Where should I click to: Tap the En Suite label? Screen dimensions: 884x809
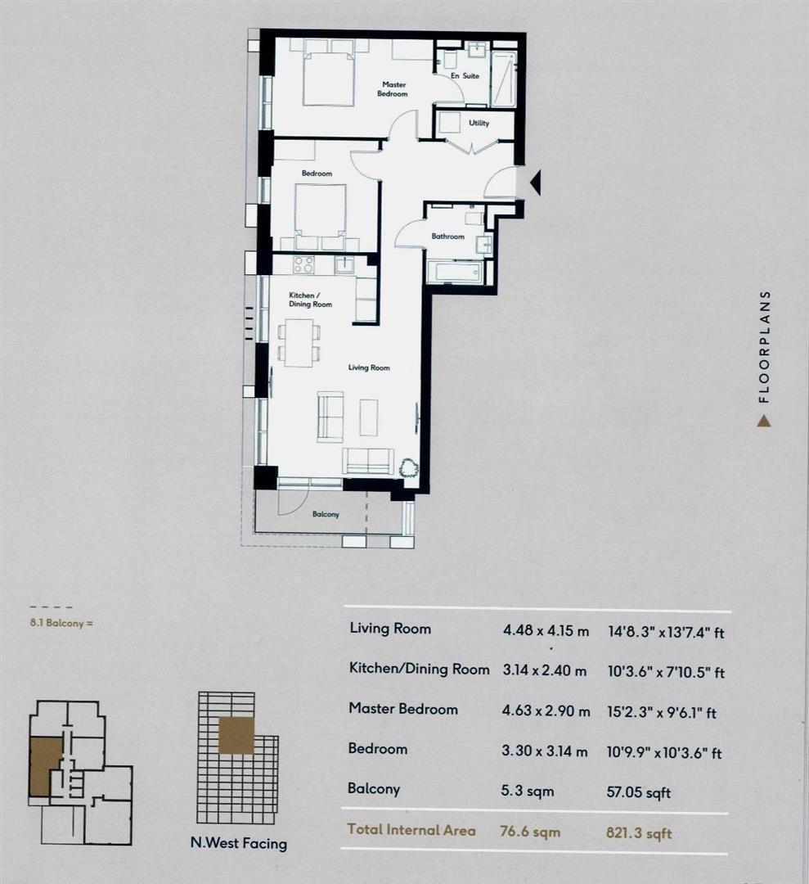(x=465, y=76)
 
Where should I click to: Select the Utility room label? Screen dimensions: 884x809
(x=479, y=124)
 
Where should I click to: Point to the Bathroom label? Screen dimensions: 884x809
(x=447, y=237)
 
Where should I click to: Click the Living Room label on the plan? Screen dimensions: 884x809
(x=369, y=368)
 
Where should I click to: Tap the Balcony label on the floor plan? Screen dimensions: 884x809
(x=326, y=514)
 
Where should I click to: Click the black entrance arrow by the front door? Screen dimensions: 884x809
(x=536, y=183)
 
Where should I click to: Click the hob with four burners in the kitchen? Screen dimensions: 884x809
(x=303, y=264)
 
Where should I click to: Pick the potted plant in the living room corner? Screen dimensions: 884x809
(x=407, y=468)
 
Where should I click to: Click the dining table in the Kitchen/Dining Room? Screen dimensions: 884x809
(x=298, y=342)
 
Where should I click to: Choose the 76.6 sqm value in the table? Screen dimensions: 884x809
(x=530, y=831)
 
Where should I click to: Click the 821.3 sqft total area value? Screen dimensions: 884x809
(x=640, y=832)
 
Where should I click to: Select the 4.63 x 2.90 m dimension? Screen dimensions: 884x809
(x=546, y=711)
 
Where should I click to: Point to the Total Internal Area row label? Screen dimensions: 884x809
(x=411, y=830)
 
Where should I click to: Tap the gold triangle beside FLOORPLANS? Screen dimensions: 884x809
(x=763, y=421)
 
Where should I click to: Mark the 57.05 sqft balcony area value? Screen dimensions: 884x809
(x=640, y=792)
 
